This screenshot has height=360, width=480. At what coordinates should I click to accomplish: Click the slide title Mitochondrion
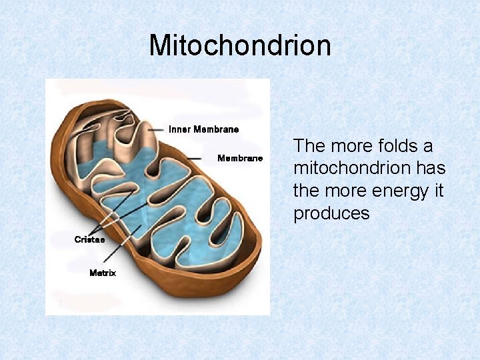pos(240,46)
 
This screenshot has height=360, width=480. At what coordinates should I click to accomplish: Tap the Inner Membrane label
pos(203,129)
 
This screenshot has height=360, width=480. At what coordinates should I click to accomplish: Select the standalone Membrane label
pos(240,158)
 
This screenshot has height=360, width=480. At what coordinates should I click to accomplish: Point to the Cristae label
pos(89,239)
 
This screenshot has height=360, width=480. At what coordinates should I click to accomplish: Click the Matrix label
pos(103,273)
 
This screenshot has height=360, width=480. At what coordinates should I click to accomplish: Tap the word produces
pos(331,213)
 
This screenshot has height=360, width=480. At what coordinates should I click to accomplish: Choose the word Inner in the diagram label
pos(179,129)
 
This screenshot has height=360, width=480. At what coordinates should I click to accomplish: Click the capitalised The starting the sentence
pos(310,145)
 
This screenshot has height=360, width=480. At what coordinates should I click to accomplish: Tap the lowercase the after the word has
pos(307,191)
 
